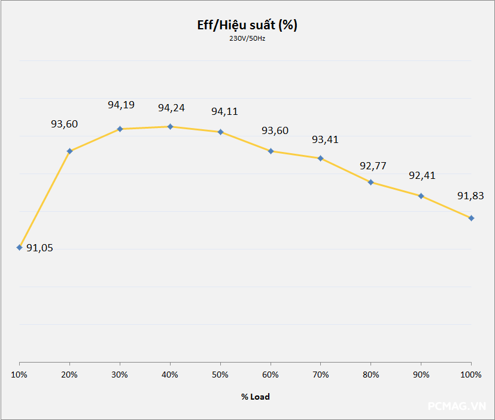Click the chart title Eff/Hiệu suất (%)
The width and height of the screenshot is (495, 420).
point(247,25)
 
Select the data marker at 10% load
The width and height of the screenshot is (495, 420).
point(20,247)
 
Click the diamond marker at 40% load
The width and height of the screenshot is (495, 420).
point(171,127)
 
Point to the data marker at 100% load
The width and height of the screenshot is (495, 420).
point(472,218)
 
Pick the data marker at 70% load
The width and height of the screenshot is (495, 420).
point(321,159)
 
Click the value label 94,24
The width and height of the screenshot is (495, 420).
point(171,108)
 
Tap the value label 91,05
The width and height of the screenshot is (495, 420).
point(40,248)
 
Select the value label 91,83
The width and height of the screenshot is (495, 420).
point(470,196)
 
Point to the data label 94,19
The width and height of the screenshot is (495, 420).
point(121,105)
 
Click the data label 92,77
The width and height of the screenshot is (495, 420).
point(372,165)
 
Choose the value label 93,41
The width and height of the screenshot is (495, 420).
point(325,139)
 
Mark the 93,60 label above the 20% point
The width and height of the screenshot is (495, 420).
point(64,124)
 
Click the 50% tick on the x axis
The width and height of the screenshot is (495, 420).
point(221,375)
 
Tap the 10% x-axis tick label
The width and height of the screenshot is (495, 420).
point(20,375)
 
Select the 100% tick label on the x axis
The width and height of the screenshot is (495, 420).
point(471,375)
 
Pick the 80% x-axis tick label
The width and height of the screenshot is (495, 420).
point(371,375)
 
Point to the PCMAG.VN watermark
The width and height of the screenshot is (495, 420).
point(457,406)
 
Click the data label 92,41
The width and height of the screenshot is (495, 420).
point(422,175)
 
